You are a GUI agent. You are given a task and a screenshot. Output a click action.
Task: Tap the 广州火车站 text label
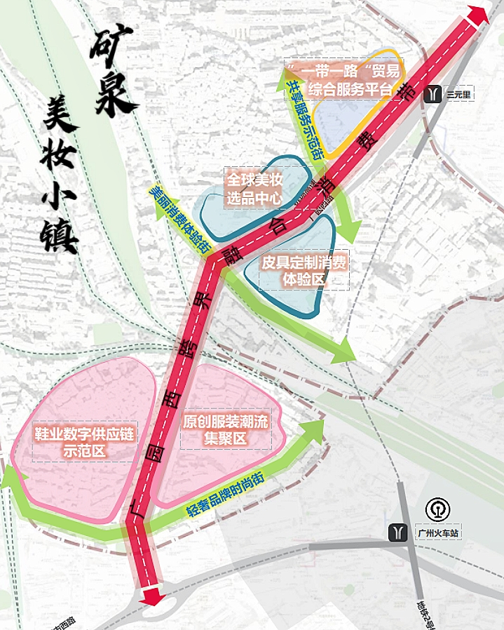[436, 534]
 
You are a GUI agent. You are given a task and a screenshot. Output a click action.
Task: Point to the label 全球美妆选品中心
[253, 189]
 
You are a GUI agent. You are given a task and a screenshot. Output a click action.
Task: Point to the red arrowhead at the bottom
[149, 596]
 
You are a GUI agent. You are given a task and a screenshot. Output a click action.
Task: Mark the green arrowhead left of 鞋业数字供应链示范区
[11, 479]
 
